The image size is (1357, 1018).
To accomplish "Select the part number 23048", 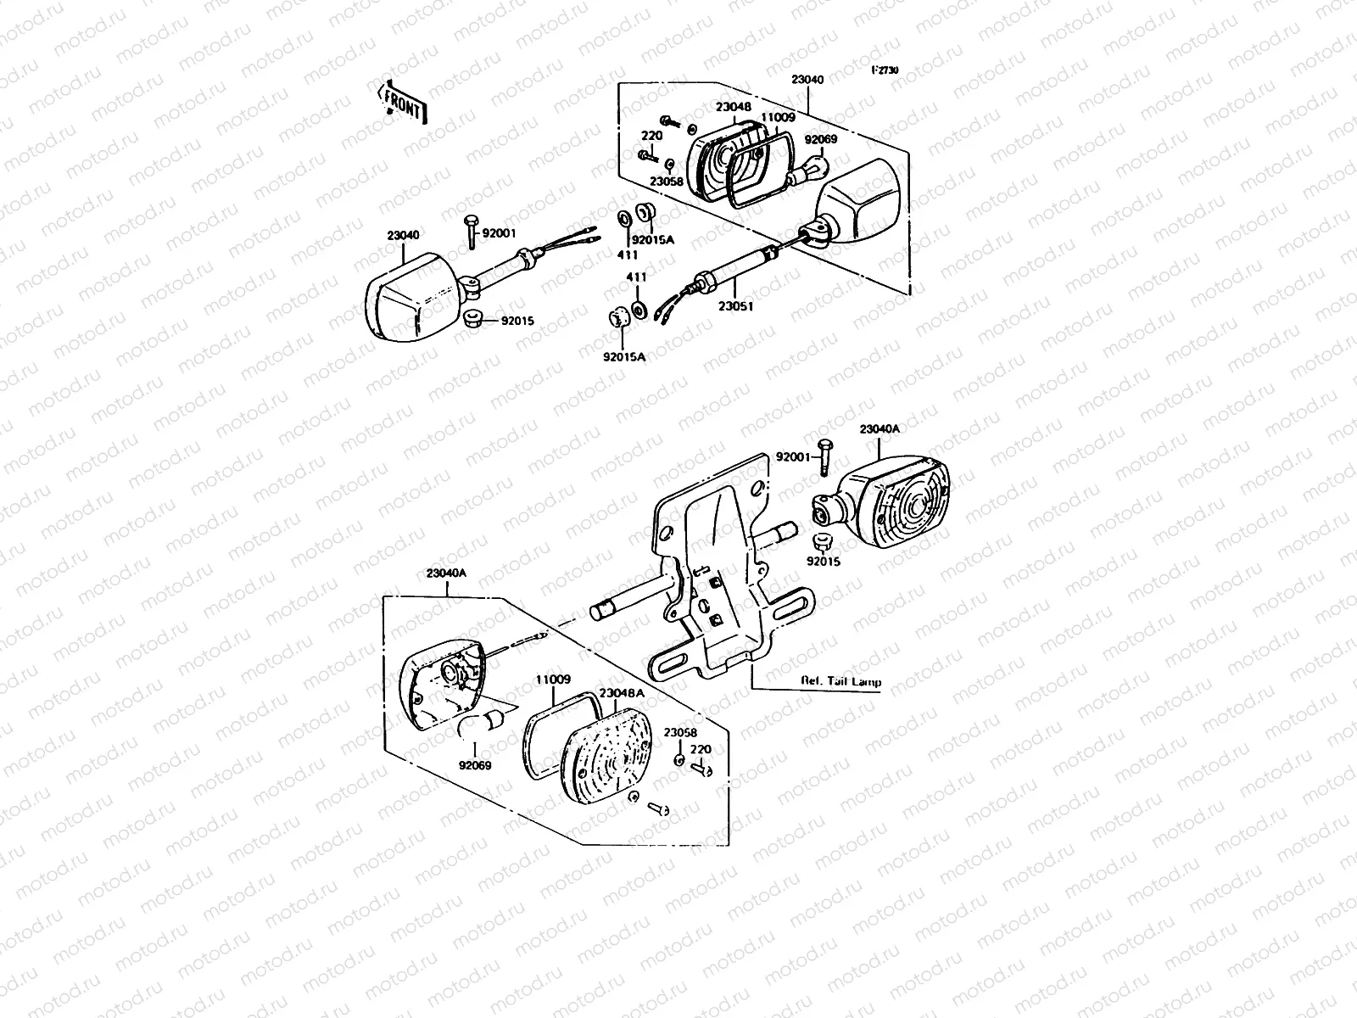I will click(733, 108).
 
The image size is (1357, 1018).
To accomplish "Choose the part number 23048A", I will click(622, 693).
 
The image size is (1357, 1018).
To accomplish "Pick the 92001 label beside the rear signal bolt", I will click(793, 456).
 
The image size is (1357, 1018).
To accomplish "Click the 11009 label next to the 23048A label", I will click(552, 680).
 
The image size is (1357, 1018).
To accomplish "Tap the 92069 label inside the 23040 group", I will click(821, 138).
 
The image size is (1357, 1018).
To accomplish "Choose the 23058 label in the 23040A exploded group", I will click(680, 732).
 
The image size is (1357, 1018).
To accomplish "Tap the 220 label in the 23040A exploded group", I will click(701, 749).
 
